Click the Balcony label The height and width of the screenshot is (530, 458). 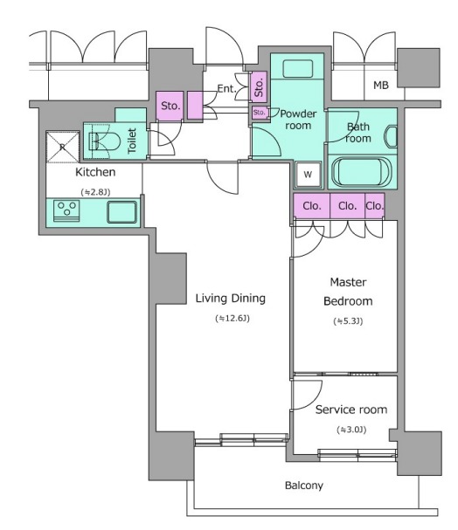[x=304, y=485]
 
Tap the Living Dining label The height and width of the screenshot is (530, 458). [x=231, y=298]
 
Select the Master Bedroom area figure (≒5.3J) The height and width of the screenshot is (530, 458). [x=348, y=321]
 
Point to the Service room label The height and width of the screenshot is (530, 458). [x=351, y=410]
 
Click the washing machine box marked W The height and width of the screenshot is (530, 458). [x=308, y=175]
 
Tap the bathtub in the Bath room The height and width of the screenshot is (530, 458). [x=362, y=172]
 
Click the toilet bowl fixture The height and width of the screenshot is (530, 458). [x=104, y=141]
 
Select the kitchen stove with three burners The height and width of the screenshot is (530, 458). [x=66, y=211]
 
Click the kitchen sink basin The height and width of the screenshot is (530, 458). [x=122, y=212]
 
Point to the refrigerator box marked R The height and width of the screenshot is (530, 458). [x=63, y=147]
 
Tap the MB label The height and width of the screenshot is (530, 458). [x=381, y=86]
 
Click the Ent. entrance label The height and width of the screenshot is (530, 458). [x=226, y=88]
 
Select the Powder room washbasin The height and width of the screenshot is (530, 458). [x=298, y=69]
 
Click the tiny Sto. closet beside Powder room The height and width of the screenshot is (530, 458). [x=259, y=113]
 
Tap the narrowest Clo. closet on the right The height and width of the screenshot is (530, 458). [x=374, y=206]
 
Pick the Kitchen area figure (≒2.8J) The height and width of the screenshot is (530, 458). [x=95, y=192]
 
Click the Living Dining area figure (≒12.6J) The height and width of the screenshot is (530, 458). [x=232, y=319]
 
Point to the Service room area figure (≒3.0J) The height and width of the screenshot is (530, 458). [x=351, y=430]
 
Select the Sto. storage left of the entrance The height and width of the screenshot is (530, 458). [x=170, y=106]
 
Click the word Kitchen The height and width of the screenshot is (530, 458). [x=95, y=172]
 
